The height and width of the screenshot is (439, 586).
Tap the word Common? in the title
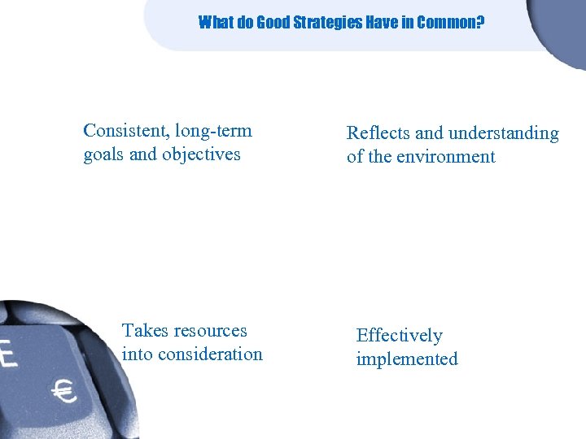[450, 23]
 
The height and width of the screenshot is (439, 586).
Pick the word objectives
[201, 154]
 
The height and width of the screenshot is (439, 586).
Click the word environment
[446, 157]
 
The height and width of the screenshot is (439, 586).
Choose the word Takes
[143, 331]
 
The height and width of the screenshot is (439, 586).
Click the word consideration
[212, 354]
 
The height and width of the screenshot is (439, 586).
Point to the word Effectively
[399, 336]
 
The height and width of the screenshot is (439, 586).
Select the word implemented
[407, 359]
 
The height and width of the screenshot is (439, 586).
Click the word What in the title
[214, 23]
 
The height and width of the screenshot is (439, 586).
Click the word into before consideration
[138, 354]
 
